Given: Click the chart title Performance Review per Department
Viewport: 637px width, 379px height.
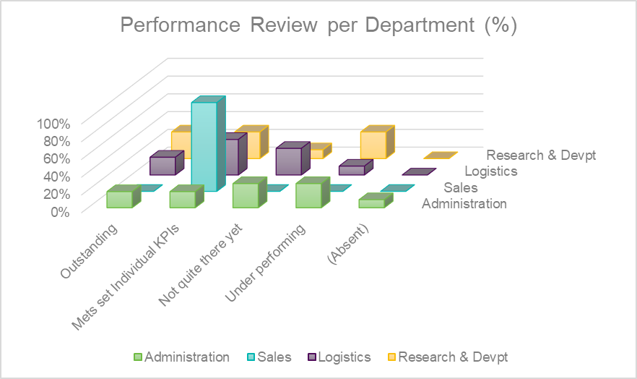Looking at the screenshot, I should (318, 25).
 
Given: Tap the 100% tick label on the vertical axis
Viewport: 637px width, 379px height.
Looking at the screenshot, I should (54, 122).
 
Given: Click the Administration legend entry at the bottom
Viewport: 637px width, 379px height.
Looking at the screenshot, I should (181, 357).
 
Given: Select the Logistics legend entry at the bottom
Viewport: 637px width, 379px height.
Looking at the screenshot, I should (339, 357).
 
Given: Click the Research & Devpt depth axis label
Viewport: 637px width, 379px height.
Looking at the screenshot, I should (542, 155).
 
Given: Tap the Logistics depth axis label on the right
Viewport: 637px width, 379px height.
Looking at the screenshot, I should (491, 171).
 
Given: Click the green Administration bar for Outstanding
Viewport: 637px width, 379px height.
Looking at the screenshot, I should (119, 200).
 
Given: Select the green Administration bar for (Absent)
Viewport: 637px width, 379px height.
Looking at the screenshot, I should (371, 203).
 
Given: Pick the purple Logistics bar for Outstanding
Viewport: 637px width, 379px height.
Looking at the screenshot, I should (162, 166).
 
